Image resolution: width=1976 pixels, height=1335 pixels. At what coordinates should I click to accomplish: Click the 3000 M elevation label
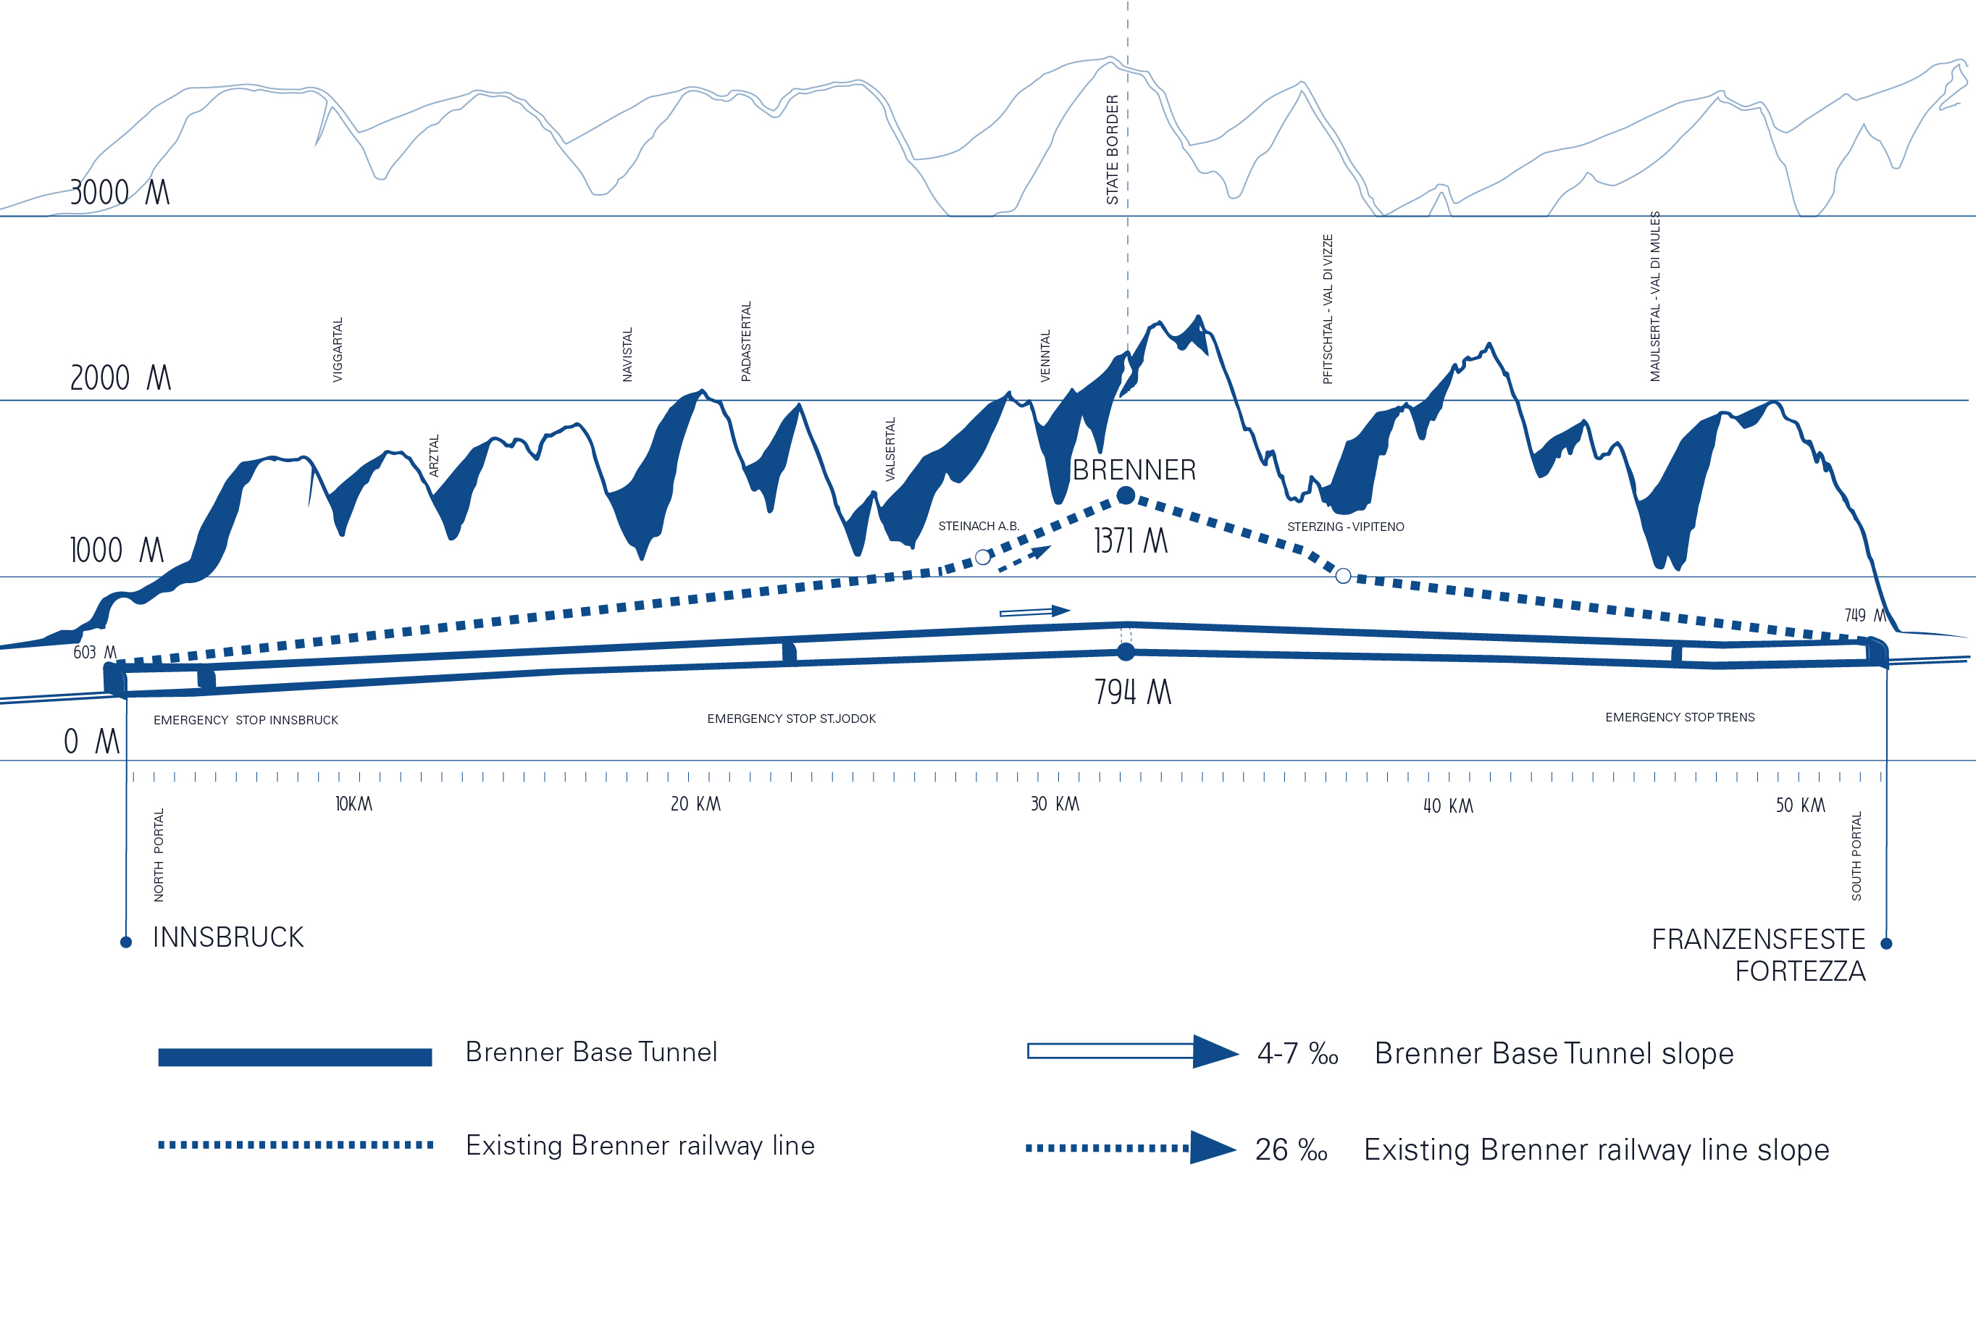(x=120, y=193)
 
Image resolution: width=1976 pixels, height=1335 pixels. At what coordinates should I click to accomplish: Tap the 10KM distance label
(x=353, y=804)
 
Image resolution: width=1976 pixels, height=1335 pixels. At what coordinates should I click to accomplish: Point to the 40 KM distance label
(x=1448, y=806)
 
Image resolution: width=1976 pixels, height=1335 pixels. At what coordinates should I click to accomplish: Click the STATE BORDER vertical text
(x=1112, y=150)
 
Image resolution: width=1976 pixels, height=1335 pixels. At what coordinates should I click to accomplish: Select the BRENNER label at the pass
(x=1134, y=470)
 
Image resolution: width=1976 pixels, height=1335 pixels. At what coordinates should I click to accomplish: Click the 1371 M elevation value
(x=1130, y=541)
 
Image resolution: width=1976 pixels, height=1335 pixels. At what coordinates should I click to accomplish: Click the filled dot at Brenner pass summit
(x=1126, y=495)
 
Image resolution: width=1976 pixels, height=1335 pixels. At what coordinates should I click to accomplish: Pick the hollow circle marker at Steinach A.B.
(x=983, y=558)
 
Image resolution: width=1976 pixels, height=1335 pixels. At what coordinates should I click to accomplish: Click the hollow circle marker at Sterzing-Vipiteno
(x=1344, y=577)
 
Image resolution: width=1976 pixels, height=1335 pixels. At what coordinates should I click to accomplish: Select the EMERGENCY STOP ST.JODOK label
(x=791, y=719)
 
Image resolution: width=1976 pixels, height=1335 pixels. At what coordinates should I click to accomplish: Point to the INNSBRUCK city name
(x=228, y=938)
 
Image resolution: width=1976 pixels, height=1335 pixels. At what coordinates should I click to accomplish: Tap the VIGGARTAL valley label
(x=338, y=349)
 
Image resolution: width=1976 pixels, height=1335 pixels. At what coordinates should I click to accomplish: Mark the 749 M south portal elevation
(x=1864, y=616)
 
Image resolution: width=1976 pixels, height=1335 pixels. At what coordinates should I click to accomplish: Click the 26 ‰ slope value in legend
(x=1291, y=1150)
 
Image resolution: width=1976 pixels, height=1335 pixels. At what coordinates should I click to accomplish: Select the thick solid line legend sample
(x=295, y=1057)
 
